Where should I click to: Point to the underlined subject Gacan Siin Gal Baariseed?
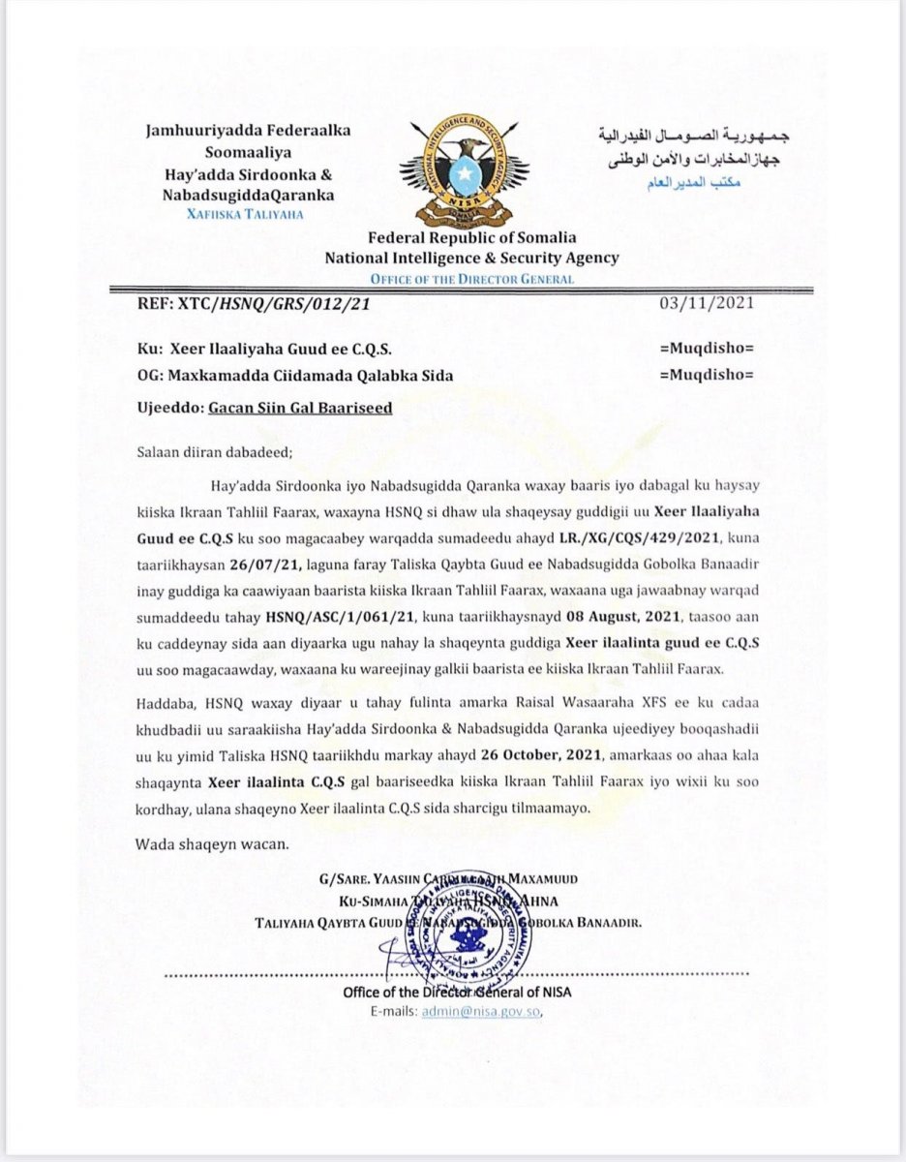(x=300, y=409)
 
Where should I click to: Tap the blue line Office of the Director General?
(x=471, y=279)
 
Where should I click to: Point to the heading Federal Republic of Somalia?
(x=471, y=238)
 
